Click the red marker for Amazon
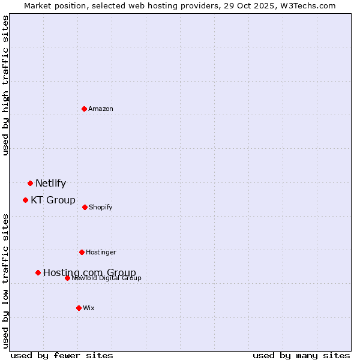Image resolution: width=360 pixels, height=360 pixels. pyautogui.click(x=85, y=109)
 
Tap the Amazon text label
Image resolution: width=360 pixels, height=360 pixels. pyautogui.click(x=101, y=109)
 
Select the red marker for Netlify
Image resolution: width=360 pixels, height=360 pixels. pyautogui.click(x=30, y=183)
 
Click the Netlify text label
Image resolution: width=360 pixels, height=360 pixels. pyautogui.click(x=50, y=184)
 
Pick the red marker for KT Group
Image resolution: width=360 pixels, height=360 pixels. pyautogui.click(x=25, y=200)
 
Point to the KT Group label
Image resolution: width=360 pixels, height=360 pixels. pyautogui.click(x=53, y=200)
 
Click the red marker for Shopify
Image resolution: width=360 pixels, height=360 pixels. pyautogui.click(x=85, y=207)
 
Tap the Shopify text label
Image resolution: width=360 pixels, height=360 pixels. pyautogui.click(x=100, y=208)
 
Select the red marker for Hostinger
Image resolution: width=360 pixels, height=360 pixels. pyautogui.click(x=82, y=252)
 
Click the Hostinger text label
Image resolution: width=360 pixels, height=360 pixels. pyautogui.click(x=101, y=253)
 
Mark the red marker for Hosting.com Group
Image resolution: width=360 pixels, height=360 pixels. pyautogui.click(x=38, y=272)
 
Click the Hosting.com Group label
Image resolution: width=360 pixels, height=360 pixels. pyautogui.click(x=89, y=273)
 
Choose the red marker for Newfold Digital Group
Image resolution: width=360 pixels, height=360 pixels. pyautogui.click(x=67, y=278)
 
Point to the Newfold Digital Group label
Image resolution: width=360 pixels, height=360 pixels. pyautogui.click(x=106, y=278)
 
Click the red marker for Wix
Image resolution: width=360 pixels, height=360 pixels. pyautogui.click(x=79, y=308)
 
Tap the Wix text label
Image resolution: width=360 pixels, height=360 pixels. pyautogui.click(x=89, y=308)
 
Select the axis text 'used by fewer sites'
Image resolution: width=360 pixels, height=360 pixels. pyautogui.click(x=62, y=355)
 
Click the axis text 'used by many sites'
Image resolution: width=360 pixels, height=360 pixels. pyautogui.click(x=301, y=355)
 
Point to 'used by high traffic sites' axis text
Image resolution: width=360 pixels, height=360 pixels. pyautogui.click(x=5, y=85)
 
